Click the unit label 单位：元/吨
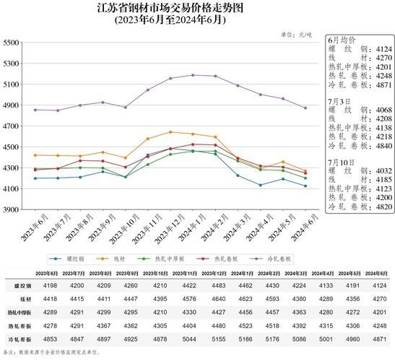point(300,35)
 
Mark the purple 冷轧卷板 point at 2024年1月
point(193,75)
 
